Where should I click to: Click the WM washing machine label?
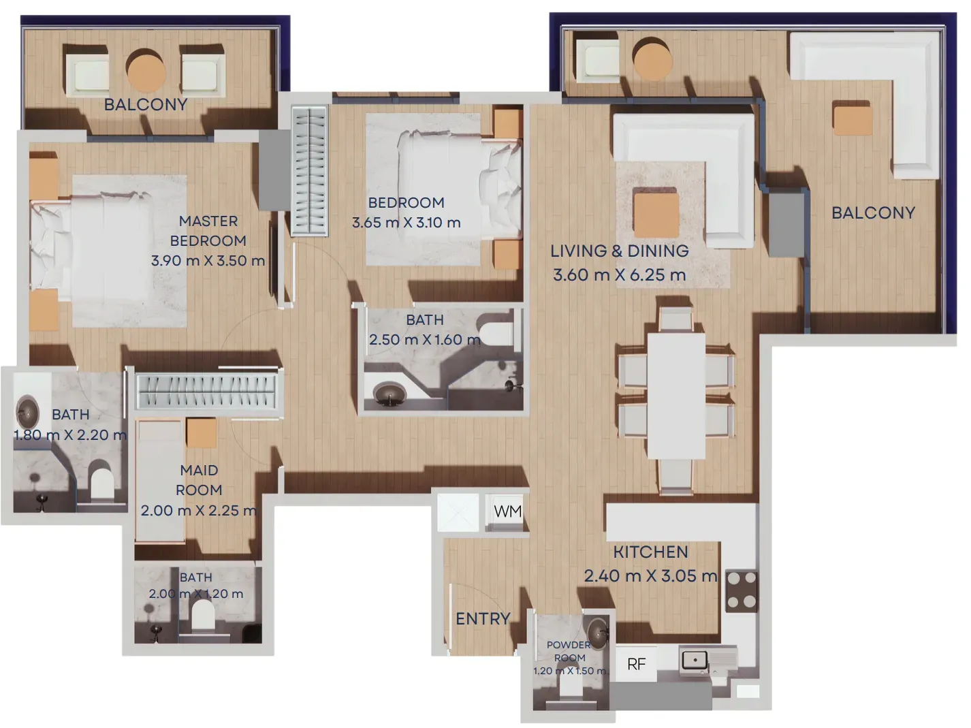click(x=507, y=511)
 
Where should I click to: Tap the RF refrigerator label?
click(x=637, y=664)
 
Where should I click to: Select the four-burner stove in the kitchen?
click(x=742, y=591)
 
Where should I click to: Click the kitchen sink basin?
click(x=694, y=661)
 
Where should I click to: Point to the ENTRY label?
click(x=483, y=619)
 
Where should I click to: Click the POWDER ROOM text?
click(x=569, y=651)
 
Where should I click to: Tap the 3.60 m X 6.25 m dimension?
click(x=620, y=274)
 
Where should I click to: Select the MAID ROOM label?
click(x=199, y=480)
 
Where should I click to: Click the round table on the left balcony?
click(x=146, y=70)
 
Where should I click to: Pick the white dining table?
click(x=676, y=396)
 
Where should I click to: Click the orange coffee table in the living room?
click(x=656, y=215)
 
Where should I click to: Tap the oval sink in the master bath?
click(x=27, y=412)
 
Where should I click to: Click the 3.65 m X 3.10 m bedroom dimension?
click(x=406, y=222)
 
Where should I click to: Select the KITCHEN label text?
click(x=651, y=552)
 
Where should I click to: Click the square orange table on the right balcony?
click(x=853, y=118)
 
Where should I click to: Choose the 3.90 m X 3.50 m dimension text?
click(x=208, y=261)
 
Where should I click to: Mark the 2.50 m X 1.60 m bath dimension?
click(x=425, y=340)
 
